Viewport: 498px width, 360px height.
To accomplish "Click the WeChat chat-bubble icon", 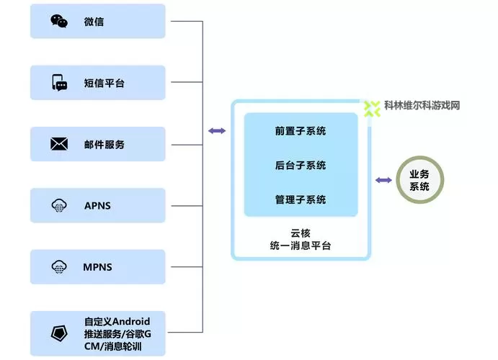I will (59, 22).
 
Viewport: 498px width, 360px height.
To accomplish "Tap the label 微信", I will (94, 22).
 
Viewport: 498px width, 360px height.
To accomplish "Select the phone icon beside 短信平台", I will (59, 83).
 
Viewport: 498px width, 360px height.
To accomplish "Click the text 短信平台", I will (104, 83).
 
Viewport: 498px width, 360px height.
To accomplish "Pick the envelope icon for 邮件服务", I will (59, 144).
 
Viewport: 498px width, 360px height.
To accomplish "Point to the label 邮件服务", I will (104, 144).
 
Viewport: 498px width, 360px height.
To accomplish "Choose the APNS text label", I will (97, 206).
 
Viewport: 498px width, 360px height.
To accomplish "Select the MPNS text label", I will (98, 267).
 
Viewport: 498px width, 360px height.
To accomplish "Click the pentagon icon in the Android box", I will (59, 333).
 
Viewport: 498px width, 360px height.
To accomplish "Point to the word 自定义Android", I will (117, 321).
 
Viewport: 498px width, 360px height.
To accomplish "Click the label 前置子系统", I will (300, 131).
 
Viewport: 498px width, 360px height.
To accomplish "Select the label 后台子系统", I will (300, 165).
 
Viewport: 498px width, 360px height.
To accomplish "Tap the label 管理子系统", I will (300, 199).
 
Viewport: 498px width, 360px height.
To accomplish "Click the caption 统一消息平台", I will (300, 246).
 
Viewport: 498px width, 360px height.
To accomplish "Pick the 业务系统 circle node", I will (419, 180).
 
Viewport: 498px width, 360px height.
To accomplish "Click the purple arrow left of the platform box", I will (216, 130).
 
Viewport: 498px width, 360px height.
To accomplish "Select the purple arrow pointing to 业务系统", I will (383, 179).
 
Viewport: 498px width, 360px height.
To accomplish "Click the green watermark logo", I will (372, 109).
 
